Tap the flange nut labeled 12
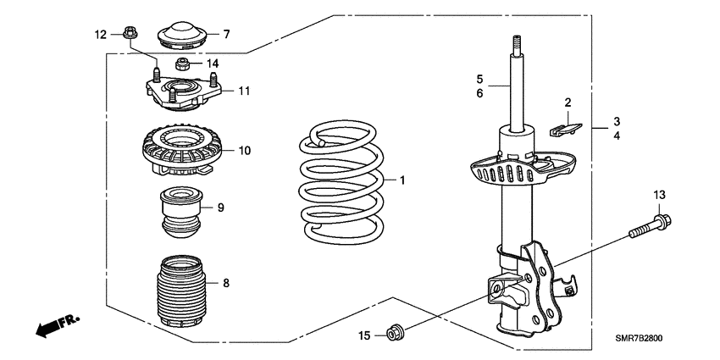130,35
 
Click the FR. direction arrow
57,324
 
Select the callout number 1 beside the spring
402,180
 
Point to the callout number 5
479,78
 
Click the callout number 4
618,135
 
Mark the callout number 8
226,282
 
